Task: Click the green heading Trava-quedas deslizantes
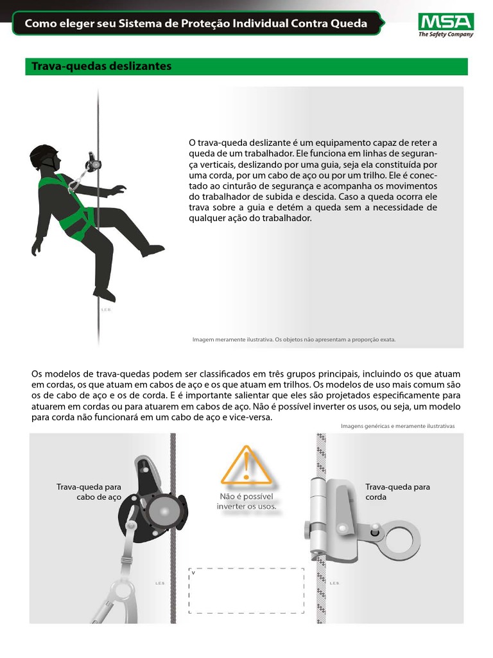[99, 66]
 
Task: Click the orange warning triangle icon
[246, 466]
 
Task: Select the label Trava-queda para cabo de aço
[89, 492]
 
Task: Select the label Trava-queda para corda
[397, 492]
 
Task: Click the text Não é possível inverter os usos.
[246, 501]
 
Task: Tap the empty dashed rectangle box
[246, 591]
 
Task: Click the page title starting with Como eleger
[196, 24]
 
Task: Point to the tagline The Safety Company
[445, 35]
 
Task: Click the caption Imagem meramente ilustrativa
[294, 339]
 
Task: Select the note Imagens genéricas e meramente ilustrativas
[397, 425]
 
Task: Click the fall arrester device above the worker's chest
[92, 161]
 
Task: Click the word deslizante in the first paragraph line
[270, 142]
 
